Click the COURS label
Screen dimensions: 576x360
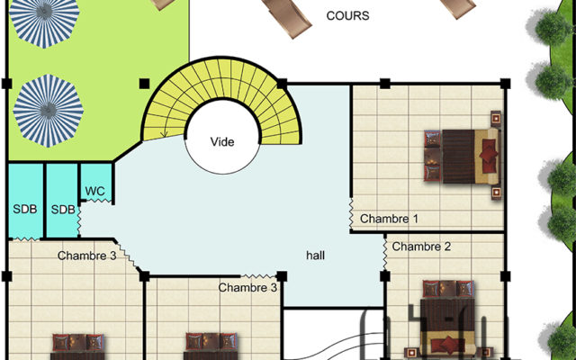[x=347, y=16]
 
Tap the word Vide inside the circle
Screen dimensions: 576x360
[x=222, y=142]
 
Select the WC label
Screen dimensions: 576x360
[x=94, y=191]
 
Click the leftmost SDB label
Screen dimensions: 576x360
[x=25, y=209]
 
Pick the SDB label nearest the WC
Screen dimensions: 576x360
[x=63, y=210]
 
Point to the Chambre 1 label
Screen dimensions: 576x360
[x=389, y=219]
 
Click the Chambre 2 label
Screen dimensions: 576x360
[x=421, y=247]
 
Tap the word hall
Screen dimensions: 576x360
[x=315, y=256]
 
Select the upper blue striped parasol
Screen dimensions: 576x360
[x=44, y=22]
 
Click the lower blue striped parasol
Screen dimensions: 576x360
[x=49, y=111]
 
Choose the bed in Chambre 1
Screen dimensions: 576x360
[x=463, y=156]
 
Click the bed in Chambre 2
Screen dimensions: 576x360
[x=448, y=319]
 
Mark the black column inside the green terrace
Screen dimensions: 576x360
[x=144, y=84]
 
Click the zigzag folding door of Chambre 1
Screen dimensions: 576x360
[x=351, y=213]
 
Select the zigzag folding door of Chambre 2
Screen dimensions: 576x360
[x=384, y=254]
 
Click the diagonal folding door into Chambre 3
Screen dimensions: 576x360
[x=128, y=256]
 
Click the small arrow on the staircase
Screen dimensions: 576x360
[x=164, y=133]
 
